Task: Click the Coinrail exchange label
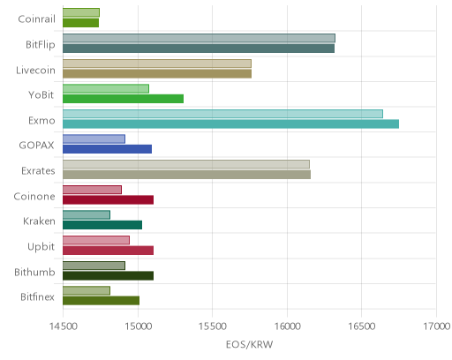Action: (36, 19)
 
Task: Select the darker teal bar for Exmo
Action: (230, 124)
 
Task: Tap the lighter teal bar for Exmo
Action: (222, 114)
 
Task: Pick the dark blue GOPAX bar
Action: (107, 149)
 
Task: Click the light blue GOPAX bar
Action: (94, 139)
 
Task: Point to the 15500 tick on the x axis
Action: (213, 326)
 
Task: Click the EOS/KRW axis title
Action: (250, 344)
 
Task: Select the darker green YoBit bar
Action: (123, 99)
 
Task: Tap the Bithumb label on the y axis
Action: (34, 273)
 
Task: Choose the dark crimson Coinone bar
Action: (108, 200)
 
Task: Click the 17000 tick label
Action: (437, 326)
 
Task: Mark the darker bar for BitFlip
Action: (199, 49)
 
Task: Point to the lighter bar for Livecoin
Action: (157, 64)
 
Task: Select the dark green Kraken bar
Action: (102, 225)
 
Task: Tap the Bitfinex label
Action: (37, 297)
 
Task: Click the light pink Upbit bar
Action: (96, 240)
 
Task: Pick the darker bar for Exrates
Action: (186, 175)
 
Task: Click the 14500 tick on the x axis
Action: (63, 326)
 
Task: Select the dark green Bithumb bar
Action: (108, 276)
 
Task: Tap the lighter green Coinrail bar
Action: (81, 12)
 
